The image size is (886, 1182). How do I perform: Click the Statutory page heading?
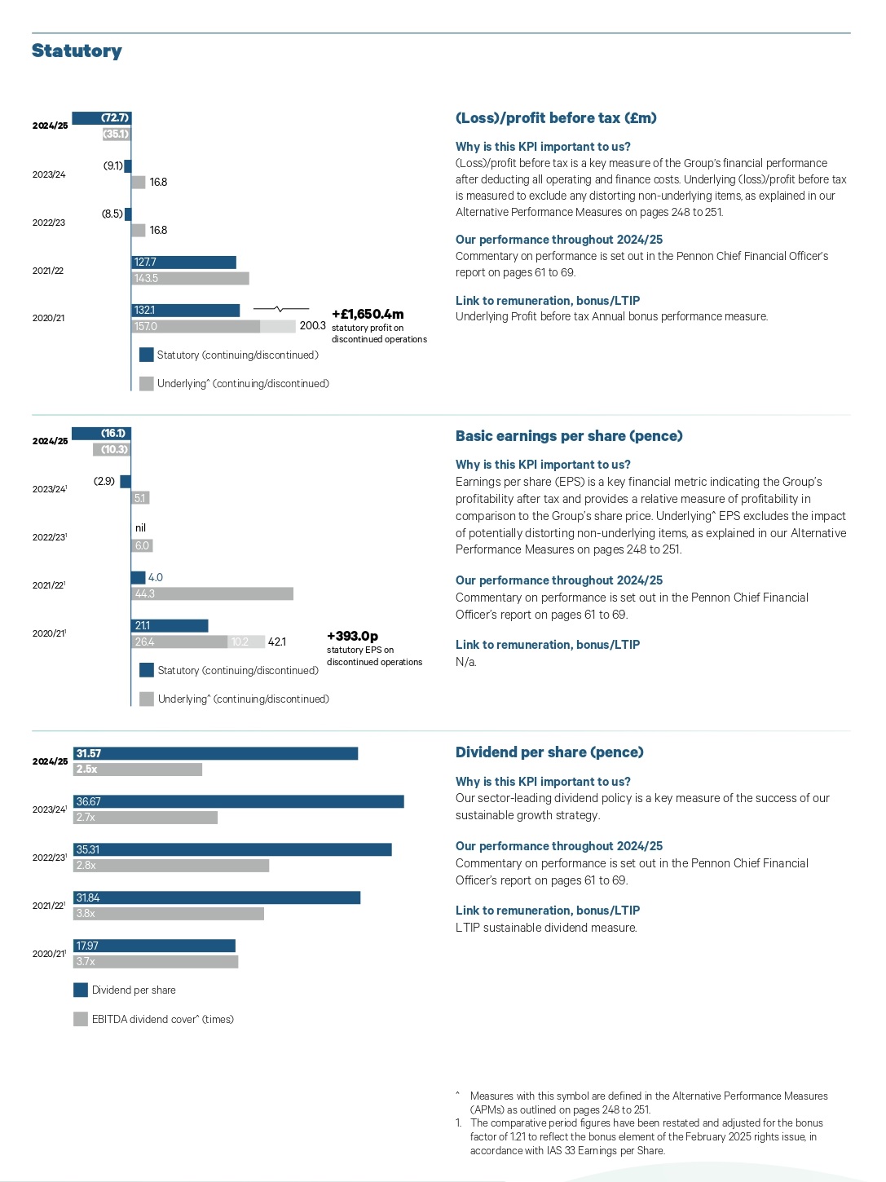pyautogui.click(x=77, y=51)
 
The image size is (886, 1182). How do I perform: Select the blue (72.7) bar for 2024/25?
pyautogui.click(x=102, y=118)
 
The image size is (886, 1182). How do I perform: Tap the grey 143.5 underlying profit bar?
pyautogui.click(x=191, y=279)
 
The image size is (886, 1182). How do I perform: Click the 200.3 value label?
pyautogui.click(x=312, y=326)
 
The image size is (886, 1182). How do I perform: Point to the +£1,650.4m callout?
pyautogui.click(x=368, y=315)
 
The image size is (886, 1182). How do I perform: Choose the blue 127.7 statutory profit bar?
pyautogui.click(x=184, y=262)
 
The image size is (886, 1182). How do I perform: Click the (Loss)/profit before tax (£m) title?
pyautogui.click(x=556, y=118)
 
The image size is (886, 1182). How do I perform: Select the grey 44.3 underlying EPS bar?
pyautogui.click(x=212, y=594)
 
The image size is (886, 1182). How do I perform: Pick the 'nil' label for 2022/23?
pyautogui.click(x=140, y=528)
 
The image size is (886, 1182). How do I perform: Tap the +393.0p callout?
pyautogui.click(x=352, y=637)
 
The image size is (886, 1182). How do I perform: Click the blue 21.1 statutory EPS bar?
pyautogui.click(x=170, y=626)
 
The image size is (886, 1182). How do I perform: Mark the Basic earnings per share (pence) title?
pyautogui.click(x=569, y=436)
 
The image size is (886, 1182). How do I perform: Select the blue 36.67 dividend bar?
pyautogui.click(x=239, y=802)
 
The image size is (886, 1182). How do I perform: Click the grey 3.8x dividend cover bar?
pyautogui.click(x=169, y=914)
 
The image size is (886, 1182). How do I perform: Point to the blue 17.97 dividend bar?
pyautogui.click(x=155, y=946)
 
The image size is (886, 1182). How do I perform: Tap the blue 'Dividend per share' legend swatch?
pyautogui.click(x=81, y=990)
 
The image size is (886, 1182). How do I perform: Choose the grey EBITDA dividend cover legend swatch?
pyautogui.click(x=81, y=1019)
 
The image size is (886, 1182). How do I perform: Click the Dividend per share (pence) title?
pyautogui.click(x=549, y=752)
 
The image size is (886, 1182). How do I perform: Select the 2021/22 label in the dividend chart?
pyautogui.click(x=49, y=906)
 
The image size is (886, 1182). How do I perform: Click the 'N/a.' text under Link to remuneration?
pyautogui.click(x=466, y=662)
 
